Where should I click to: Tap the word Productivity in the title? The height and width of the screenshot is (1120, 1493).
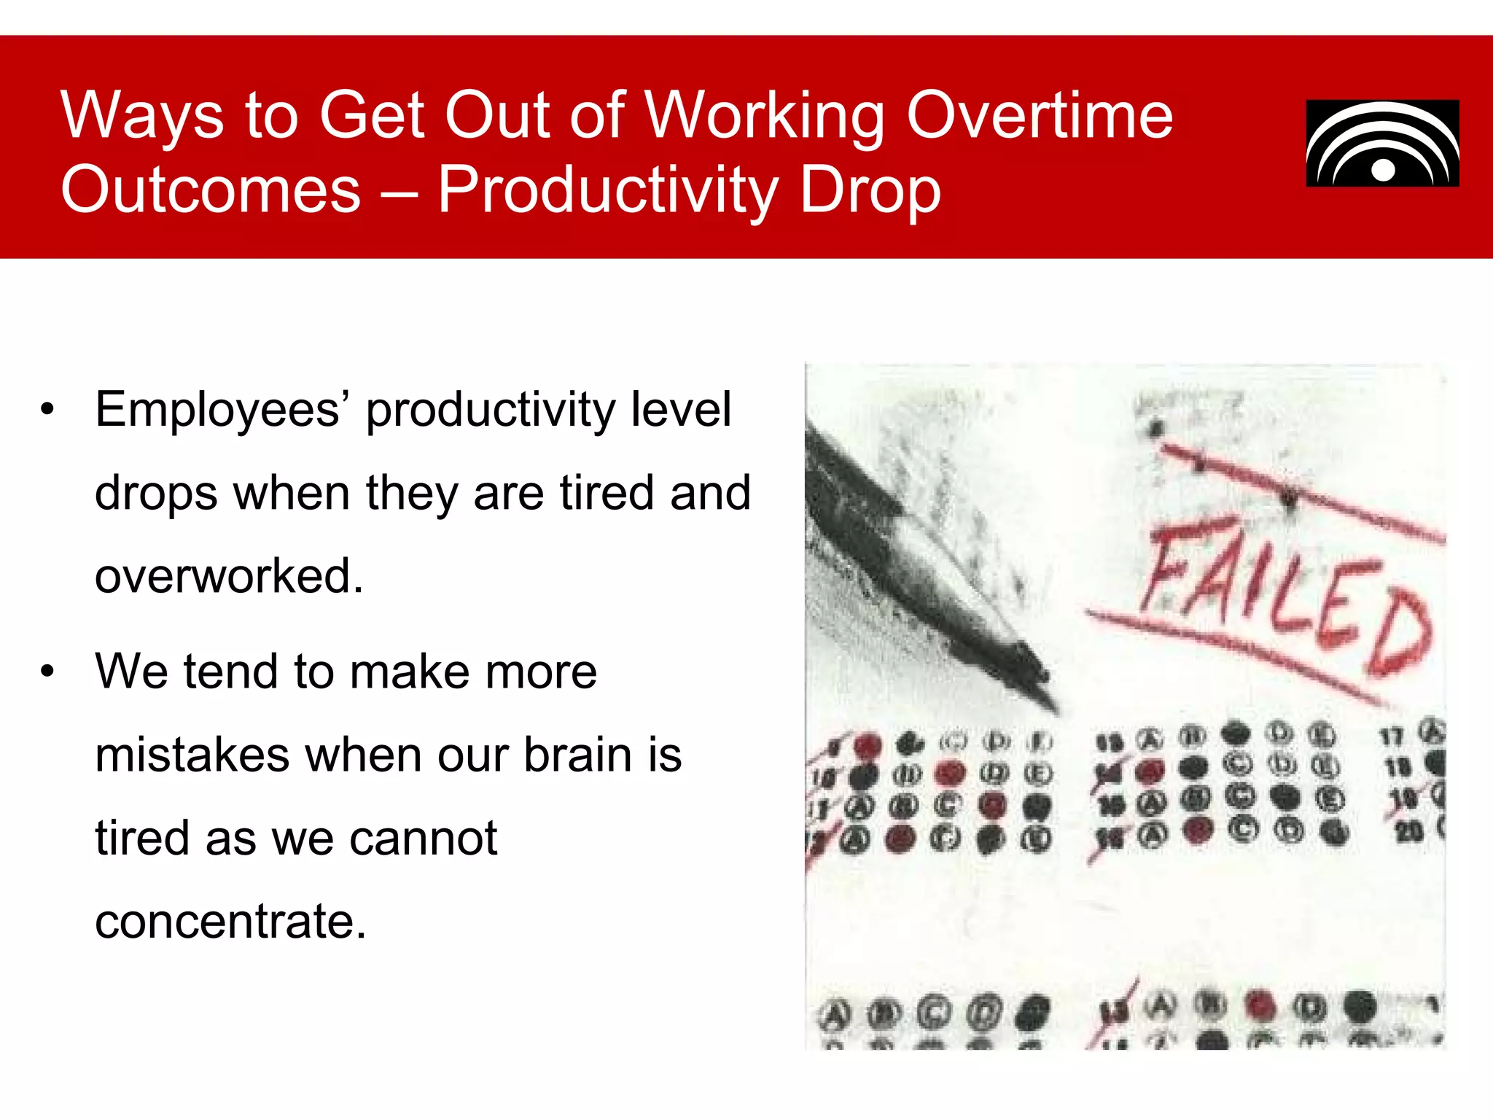click(608, 191)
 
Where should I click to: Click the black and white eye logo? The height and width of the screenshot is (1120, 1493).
click(1382, 144)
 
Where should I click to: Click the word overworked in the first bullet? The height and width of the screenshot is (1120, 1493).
click(228, 576)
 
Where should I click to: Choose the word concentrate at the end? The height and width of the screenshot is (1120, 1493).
click(230, 921)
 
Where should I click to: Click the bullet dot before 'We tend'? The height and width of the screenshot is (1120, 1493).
click(47, 672)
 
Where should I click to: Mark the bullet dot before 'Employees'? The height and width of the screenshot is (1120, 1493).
click(47, 410)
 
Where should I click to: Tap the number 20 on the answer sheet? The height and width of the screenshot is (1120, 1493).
click(1408, 831)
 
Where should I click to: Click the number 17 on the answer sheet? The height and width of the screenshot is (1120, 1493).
click(1391, 736)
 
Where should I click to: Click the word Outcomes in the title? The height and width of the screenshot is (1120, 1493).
click(211, 191)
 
